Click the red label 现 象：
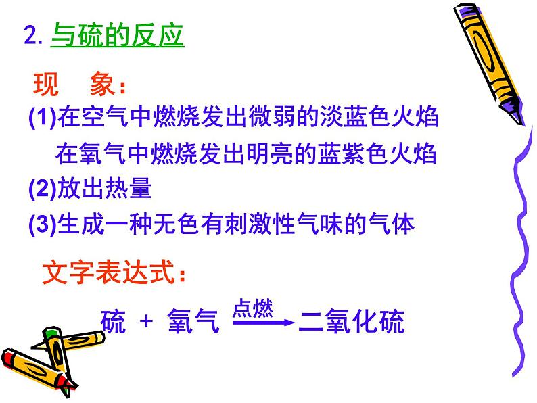tap(80, 87)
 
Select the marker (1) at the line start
tap(43, 119)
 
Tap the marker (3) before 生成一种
tap(43, 224)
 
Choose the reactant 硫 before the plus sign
tap(113, 323)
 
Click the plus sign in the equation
tap(146, 323)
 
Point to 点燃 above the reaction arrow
tap(253, 309)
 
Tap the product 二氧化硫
tap(352, 323)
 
